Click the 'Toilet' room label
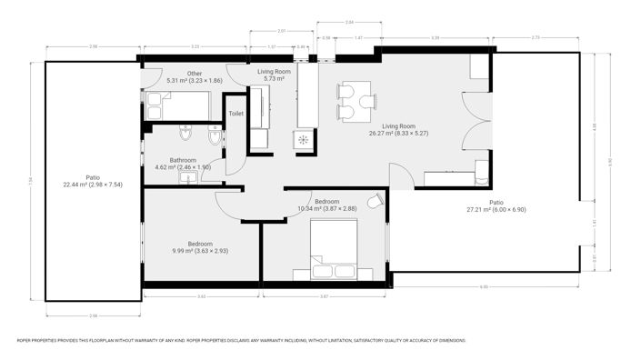pos(235,114)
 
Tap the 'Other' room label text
pos(194,74)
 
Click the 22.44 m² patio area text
pos(94,185)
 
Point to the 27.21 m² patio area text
pos(496,209)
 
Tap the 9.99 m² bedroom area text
pos(200,251)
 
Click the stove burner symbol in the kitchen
pos(302,141)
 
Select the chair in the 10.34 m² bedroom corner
pos(374,201)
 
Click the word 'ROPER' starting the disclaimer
pos(26,341)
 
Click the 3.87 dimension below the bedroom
pos(323,297)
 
